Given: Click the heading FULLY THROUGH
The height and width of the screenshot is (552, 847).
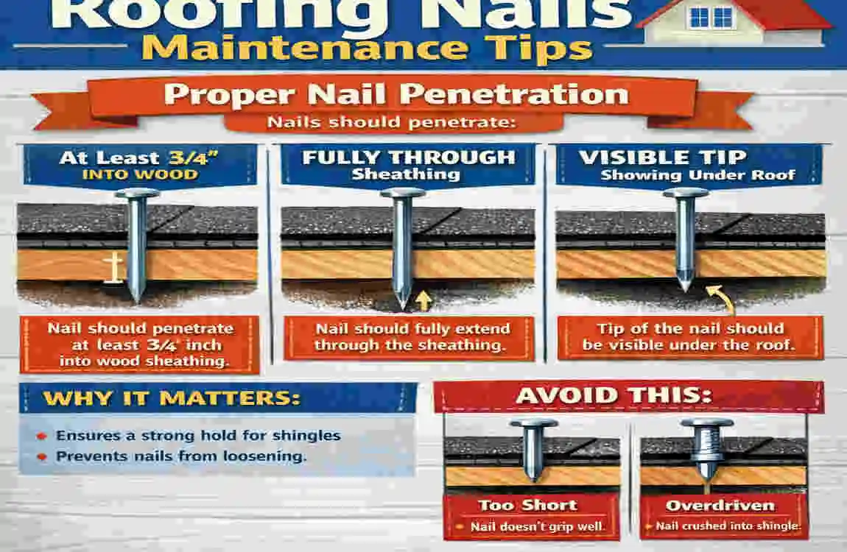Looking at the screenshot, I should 409,157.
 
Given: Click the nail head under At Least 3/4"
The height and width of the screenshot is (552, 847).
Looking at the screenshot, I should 137,194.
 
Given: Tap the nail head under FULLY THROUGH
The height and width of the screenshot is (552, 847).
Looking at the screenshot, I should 402,194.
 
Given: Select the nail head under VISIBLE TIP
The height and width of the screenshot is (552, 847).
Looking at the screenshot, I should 685,194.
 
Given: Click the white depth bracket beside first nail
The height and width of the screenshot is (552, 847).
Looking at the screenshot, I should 113,268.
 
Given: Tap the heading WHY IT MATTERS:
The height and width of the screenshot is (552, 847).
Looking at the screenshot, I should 172,398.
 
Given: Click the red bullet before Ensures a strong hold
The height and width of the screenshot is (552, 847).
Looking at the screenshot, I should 42,436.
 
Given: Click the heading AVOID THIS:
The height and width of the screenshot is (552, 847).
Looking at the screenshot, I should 614,395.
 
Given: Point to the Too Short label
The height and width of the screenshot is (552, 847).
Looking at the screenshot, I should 527,505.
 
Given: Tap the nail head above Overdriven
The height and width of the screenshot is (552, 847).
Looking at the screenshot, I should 706,425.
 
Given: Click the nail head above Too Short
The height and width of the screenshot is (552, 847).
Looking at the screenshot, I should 533,425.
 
